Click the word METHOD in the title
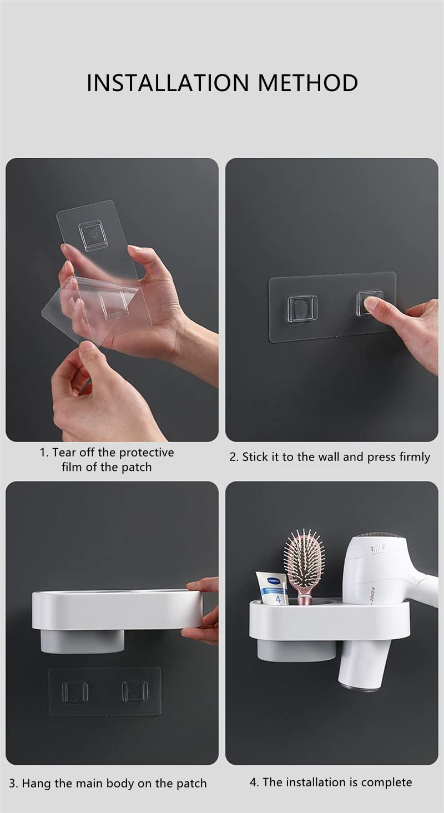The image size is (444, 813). click(307, 83)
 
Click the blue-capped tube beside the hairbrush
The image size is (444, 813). click(272, 589)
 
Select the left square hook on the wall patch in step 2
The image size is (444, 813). click(302, 309)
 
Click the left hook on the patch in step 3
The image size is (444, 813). click(75, 692)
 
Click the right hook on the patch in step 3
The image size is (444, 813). click(135, 691)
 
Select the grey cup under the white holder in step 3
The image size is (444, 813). click(82, 641)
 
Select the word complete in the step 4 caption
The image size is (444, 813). click(387, 782)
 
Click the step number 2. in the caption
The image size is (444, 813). click(234, 458)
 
